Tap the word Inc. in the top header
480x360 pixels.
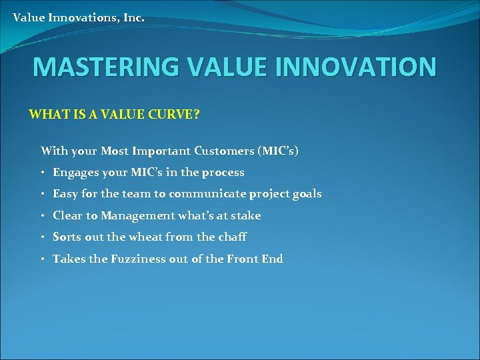point(133,17)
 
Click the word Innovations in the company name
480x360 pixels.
point(82,17)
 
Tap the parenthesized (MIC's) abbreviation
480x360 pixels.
point(277,151)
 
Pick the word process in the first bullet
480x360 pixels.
point(223,173)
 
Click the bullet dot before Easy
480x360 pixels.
point(43,195)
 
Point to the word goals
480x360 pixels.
point(306,194)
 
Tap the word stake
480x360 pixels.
point(246,215)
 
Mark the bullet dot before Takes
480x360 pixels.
point(43,259)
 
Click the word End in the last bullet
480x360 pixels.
point(272,259)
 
